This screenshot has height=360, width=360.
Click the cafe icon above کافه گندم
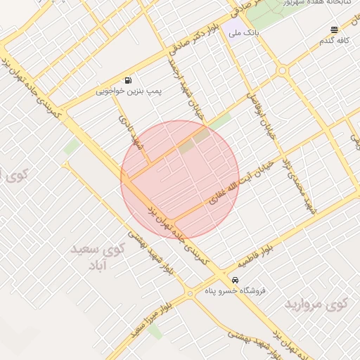click(x=334, y=30)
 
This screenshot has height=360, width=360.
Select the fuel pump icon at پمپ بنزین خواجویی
click(x=127, y=81)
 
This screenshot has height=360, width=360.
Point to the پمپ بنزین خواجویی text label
click(x=129, y=91)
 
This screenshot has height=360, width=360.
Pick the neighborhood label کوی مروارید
click(x=316, y=304)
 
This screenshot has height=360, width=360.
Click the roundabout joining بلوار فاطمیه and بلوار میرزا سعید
click(x=190, y=294)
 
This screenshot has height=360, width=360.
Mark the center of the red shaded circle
click(x=180, y=179)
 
